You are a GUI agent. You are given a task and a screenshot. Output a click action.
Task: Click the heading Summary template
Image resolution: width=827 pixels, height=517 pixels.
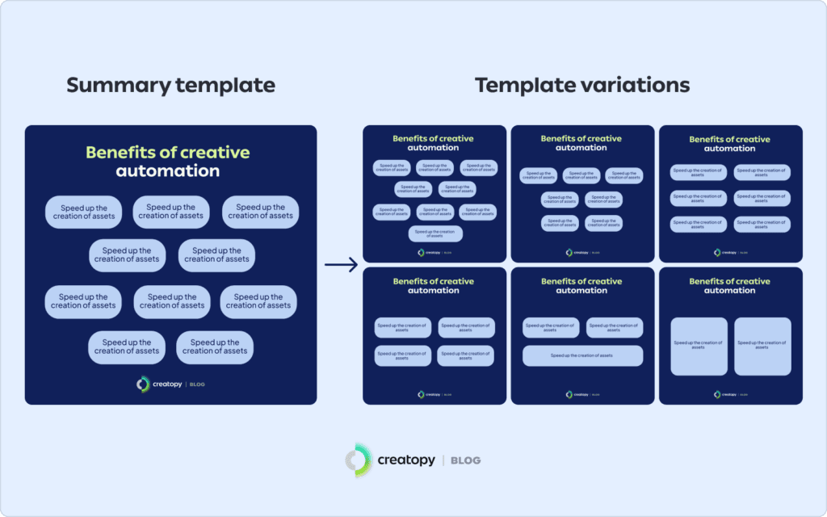click(170, 86)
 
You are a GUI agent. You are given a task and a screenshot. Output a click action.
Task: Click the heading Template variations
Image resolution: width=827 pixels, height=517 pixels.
click(581, 86)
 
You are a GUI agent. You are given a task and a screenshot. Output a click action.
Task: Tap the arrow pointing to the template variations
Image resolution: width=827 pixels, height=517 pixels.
click(340, 264)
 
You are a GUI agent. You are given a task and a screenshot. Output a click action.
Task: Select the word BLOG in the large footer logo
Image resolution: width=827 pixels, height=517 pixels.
click(466, 460)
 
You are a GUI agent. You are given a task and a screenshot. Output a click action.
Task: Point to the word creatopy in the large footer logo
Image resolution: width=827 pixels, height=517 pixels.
click(406, 460)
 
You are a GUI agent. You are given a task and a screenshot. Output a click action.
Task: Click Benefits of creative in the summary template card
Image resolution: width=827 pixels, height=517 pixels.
click(168, 153)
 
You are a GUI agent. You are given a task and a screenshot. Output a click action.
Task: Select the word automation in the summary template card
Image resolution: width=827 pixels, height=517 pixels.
click(168, 171)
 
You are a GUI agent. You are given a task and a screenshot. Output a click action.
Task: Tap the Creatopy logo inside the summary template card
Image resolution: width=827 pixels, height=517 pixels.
click(144, 385)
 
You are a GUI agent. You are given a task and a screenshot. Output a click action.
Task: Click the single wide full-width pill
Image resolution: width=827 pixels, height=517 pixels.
click(581, 355)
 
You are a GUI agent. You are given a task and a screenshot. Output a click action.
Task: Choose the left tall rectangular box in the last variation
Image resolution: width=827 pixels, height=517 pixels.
click(699, 346)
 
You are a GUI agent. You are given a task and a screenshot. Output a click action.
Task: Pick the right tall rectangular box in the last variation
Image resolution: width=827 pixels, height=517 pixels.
click(762, 346)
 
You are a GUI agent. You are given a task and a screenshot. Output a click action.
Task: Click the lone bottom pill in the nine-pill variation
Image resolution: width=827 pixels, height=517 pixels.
click(435, 234)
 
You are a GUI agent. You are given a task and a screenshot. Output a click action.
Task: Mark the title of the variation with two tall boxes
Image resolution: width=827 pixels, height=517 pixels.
click(729, 286)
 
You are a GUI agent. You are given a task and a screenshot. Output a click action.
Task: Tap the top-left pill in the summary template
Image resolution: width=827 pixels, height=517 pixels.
click(83, 212)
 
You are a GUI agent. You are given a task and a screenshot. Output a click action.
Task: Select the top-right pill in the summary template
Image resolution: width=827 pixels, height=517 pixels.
click(260, 212)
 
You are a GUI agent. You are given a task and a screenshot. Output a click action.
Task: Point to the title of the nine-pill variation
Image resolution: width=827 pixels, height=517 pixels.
click(433, 143)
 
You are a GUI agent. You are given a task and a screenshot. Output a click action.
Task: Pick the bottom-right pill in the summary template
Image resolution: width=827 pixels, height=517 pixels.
click(215, 347)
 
